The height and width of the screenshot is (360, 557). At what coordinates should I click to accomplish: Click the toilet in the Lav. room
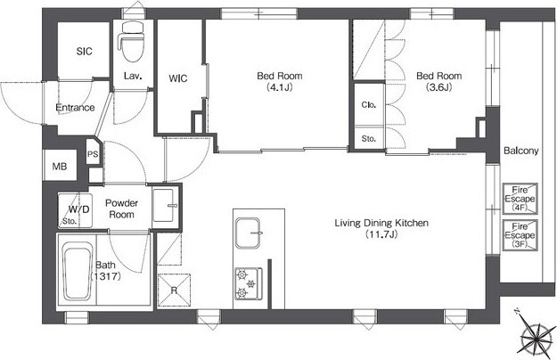tap(132, 42)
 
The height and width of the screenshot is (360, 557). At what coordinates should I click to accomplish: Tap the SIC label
tap(84, 52)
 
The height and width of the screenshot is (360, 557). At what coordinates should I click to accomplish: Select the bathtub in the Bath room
tap(78, 271)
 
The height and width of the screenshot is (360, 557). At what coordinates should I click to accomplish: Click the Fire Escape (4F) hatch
tap(520, 199)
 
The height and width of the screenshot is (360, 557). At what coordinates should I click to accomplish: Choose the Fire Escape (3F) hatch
tap(520, 235)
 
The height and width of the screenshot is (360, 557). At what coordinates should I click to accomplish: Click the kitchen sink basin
tap(248, 233)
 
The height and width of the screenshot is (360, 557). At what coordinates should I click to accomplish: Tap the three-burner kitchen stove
tap(248, 283)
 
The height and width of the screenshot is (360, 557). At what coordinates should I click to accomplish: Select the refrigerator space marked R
tap(174, 290)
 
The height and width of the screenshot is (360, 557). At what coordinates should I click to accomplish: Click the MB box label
tap(60, 166)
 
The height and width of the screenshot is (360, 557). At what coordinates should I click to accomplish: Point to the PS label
tap(93, 154)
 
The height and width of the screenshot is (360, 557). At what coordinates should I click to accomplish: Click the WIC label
tap(178, 78)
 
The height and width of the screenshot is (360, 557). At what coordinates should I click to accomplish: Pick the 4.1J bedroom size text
tap(280, 87)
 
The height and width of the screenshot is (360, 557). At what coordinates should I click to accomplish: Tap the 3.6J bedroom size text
tap(438, 87)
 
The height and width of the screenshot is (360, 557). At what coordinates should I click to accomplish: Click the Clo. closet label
tap(368, 105)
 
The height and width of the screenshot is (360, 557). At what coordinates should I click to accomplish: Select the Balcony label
tap(521, 151)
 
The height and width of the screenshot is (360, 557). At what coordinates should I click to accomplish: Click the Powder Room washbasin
tap(164, 206)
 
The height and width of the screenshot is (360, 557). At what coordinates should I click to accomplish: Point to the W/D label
tap(78, 209)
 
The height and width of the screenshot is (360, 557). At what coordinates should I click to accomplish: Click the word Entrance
tap(76, 108)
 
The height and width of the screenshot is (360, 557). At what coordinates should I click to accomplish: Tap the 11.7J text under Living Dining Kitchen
tap(381, 234)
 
